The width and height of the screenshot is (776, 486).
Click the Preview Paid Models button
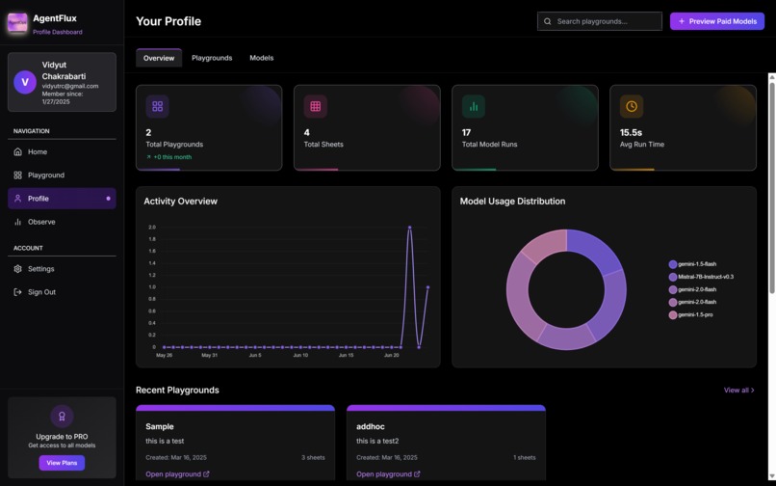point(717,21)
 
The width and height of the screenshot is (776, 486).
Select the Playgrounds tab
point(212,58)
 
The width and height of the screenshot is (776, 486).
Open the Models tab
point(262,58)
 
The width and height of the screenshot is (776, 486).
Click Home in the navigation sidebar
point(37,151)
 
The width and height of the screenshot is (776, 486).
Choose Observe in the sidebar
point(41,222)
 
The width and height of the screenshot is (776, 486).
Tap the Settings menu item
point(40,269)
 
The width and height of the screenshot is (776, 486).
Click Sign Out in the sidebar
point(41,292)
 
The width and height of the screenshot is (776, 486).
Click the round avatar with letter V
point(25,82)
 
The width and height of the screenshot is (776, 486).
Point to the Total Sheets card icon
point(315,106)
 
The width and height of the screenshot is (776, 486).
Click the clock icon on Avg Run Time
point(631,106)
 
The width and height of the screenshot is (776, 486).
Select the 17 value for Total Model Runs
point(466,132)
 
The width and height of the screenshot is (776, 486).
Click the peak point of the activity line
point(409,228)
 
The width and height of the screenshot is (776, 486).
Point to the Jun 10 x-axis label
point(300,355)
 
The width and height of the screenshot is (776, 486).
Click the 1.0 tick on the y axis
point(151,287)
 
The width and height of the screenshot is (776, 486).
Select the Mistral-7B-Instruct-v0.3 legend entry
point(705,277)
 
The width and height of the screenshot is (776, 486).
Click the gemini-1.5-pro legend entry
point(694,314)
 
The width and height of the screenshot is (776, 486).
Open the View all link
point(738,391)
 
